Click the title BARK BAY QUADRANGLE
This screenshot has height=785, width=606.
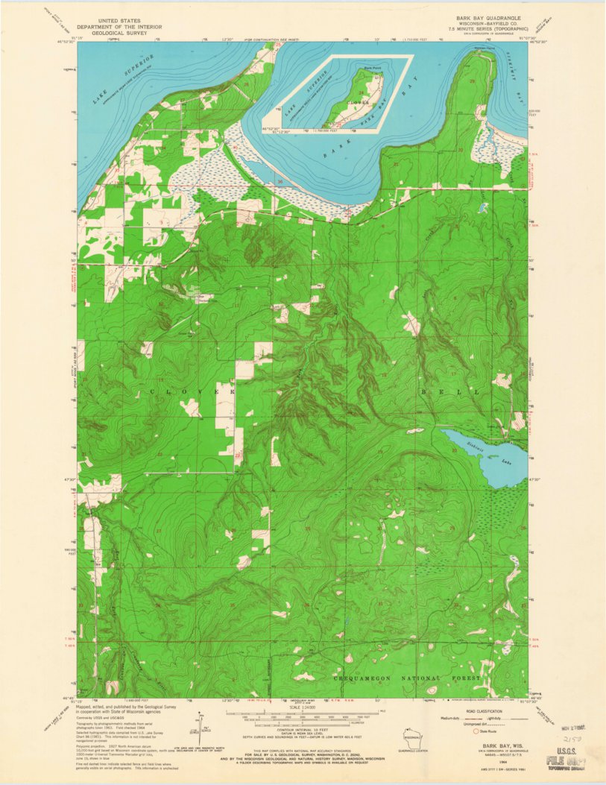(488, 16)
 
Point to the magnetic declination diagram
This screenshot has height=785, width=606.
(200, 723)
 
